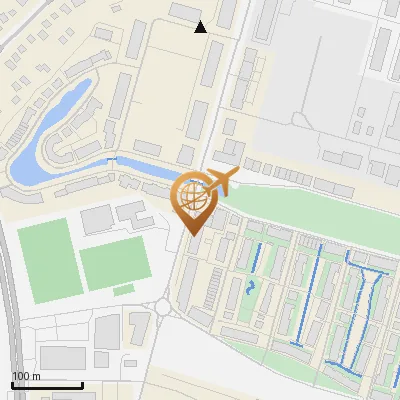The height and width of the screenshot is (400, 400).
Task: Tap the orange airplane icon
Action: point(218,182)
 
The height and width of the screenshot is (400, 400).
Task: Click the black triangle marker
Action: point(201,27)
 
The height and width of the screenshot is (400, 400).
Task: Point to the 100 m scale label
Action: point(26,376)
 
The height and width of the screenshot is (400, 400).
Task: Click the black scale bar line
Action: point(47,385)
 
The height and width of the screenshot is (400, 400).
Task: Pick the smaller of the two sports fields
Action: point(114,264)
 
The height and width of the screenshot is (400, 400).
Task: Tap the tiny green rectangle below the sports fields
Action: point(123,290)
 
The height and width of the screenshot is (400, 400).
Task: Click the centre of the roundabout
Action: point(167,307)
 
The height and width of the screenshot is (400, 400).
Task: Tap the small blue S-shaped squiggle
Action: point(249,287)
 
